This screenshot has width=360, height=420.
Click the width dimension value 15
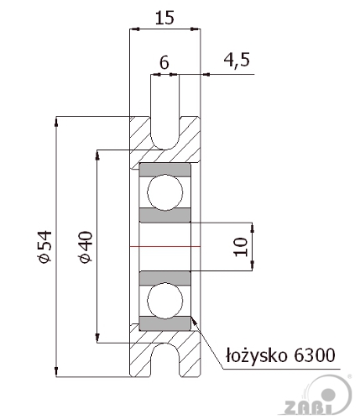(164, 18)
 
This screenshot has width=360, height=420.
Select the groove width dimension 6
(164, 62)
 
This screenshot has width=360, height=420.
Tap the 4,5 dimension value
(237, 60)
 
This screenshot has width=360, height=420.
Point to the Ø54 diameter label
(45, 247)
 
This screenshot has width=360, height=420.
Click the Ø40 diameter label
(86, 247)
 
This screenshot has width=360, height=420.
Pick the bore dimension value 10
(241, 247)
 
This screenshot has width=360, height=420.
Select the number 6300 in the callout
(315, 355)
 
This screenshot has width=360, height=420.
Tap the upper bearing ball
(165, 192)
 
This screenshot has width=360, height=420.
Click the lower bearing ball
(165, 301)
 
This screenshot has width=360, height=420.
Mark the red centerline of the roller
(165, 247)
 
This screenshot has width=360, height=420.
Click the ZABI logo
(318, 396)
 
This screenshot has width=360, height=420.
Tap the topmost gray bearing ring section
(165, 170)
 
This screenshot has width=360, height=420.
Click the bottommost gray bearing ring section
(165, 323)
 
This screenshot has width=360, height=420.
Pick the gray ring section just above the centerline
(165, 215)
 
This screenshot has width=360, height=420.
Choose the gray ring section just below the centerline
(165, 278)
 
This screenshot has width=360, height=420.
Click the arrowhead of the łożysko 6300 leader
(194, 322)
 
